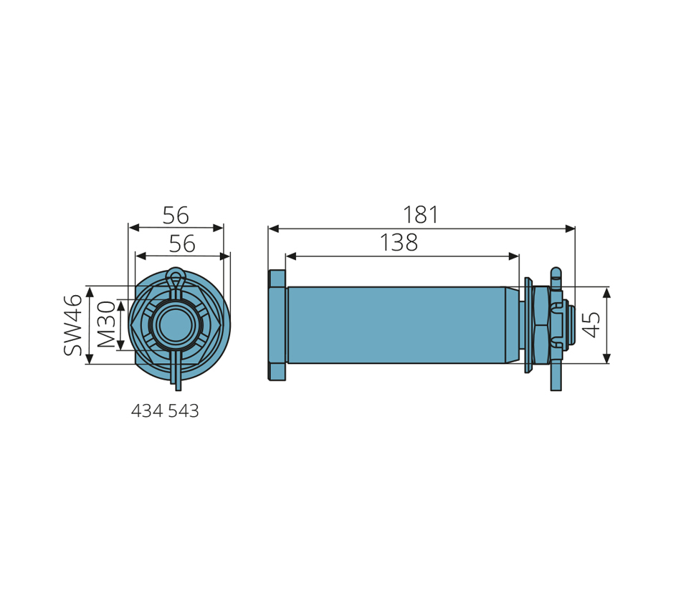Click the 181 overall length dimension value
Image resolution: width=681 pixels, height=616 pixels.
coord(420,215)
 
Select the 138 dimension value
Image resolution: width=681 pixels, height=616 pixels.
coord(399,242)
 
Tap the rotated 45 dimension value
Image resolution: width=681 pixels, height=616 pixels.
coord(591,324)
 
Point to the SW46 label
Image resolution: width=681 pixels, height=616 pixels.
coord(72,325)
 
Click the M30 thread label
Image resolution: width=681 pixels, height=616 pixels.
coord(106,324)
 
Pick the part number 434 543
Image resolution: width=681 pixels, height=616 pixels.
coord(165,410)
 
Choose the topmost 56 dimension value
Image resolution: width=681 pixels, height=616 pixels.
coord(176,216)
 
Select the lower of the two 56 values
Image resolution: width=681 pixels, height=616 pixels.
coord(182,244)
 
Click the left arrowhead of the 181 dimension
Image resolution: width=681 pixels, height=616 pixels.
coord(273,228)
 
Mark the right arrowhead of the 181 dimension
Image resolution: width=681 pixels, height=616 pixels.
coord(570,228)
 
